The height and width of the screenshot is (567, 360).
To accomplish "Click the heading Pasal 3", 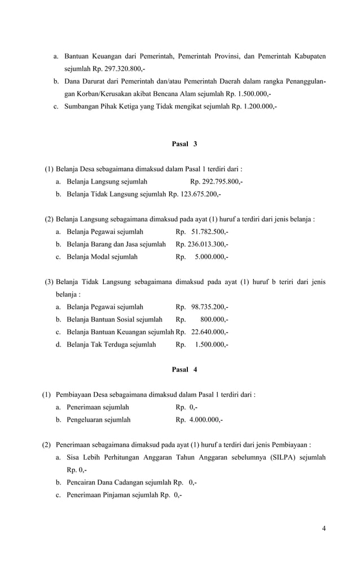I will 185,144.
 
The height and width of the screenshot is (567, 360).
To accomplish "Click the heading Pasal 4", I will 185,369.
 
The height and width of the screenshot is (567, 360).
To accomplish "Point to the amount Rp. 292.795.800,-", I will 217,182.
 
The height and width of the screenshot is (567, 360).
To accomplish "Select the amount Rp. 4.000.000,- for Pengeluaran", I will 199,420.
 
